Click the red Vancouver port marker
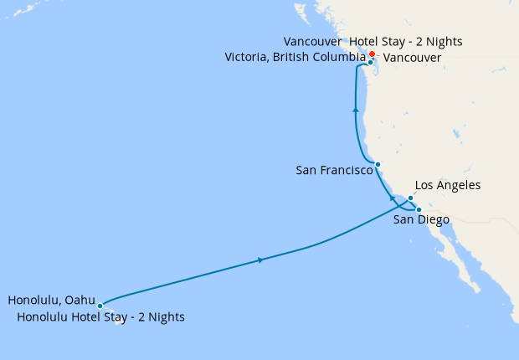pyautogui.click(x=373, y=54)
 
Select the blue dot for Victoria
pyautogui.click(x=370, y=62)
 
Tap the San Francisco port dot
pyautogui.click(x=378, y=164)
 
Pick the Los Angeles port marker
pyautogui.click(x=410, y=198)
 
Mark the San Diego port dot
pyautogui.click(x=419, y=209)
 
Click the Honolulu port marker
pyautogui.click(x=100, y=306)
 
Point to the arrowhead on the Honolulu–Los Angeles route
pyautogui.click(x=261, y=260)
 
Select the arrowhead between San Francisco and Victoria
pyautogui.click(x=356, y=110)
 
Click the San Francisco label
pyautogui.click(x=334, y=170)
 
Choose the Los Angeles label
pyautogui.click(x=448, y=185)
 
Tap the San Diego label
pyautogui.click(x=421, y=220)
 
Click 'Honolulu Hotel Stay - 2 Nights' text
pyautogui.click(x=100, y=317)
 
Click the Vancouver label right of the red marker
pyautogui.click(x=412, y=57)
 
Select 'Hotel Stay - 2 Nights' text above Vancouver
pyautogui.click(x=405, y=41)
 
